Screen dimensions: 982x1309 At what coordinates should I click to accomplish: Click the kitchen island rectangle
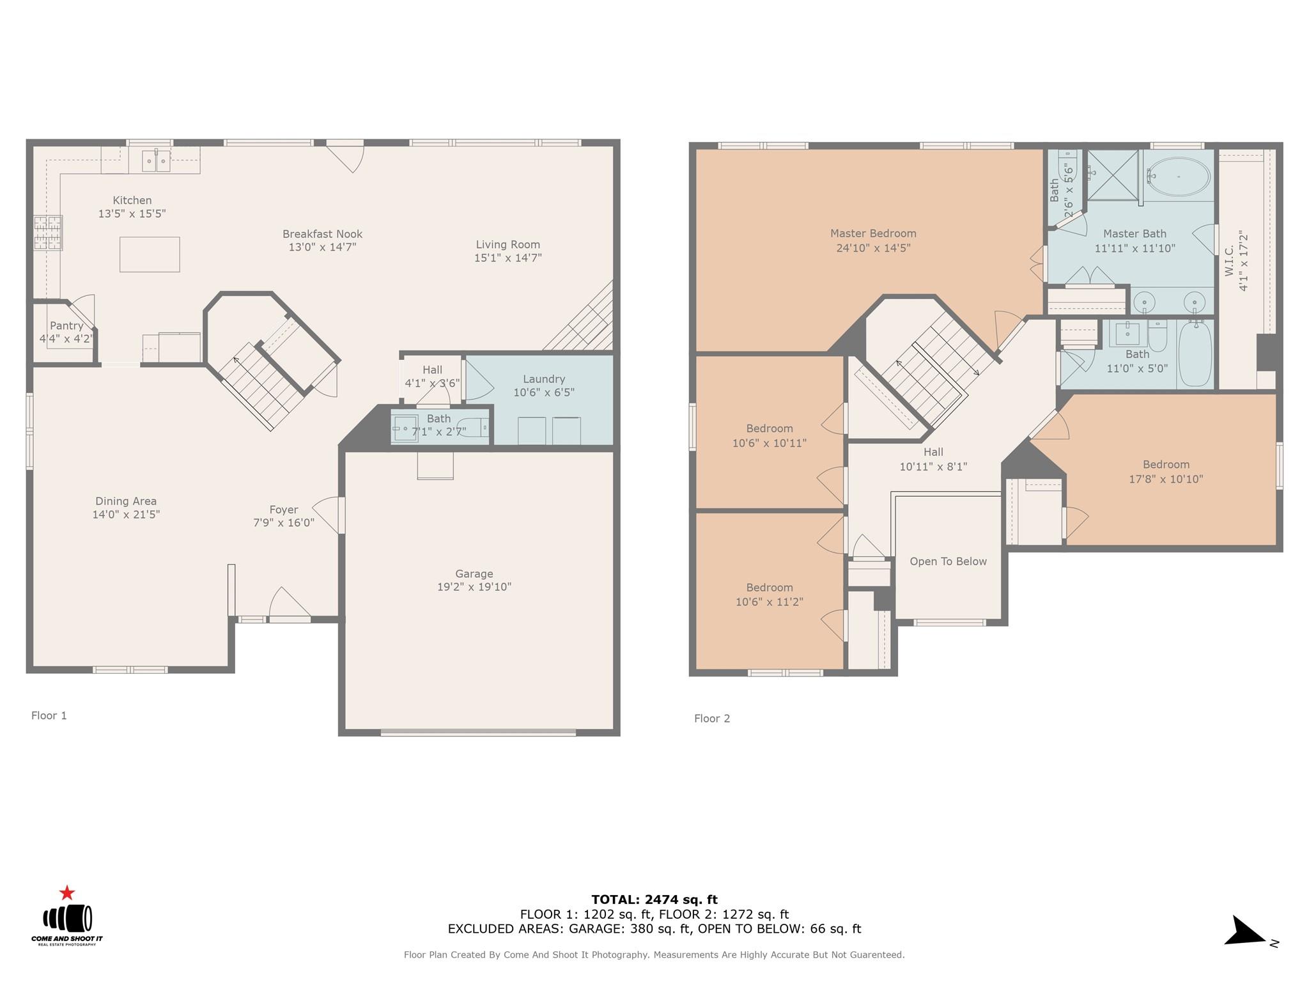(x=150, y=254)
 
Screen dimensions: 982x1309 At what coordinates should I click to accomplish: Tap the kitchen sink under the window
(x=156, y=160)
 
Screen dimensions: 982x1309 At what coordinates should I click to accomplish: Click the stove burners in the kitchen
(x=49, y=233)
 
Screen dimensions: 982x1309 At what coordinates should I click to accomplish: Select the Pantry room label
(x=66, y=326)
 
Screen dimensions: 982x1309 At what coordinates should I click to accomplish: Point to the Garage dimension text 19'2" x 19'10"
(x=474, y=587)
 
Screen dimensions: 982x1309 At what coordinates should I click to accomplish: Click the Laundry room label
(x=543, y=379)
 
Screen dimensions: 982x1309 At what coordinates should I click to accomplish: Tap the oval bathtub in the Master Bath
(x=1179, y=176)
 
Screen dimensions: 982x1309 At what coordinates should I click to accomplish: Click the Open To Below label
(x=948, y=561)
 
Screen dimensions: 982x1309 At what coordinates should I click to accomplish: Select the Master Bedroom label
(x=873, y=234)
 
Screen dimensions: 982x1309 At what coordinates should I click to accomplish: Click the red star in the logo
(x=67, y=893)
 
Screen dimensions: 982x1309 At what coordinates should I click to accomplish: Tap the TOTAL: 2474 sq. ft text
(x=654, y=900)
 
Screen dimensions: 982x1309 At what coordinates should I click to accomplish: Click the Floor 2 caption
(x=712, y=719)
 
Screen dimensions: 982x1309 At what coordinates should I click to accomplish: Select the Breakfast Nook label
(x=322, y=234)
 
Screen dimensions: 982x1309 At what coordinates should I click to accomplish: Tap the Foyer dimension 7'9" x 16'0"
(x=284, y=523)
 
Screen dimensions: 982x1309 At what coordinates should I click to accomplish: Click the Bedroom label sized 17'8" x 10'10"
(x=1166, y=465)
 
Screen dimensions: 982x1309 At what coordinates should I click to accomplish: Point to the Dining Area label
(x=126, y=501)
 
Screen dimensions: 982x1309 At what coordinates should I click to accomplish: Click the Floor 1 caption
(x=49, y=715)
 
